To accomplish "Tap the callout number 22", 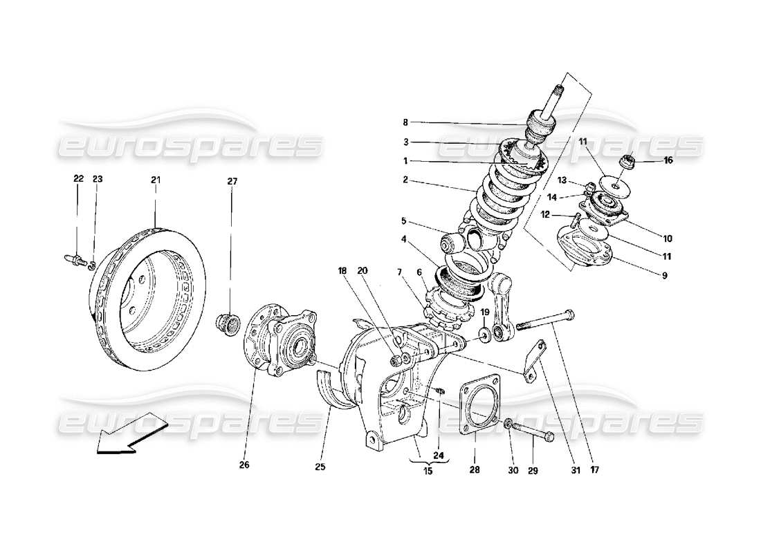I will coord(78,180).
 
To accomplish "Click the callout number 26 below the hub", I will coord(244,465).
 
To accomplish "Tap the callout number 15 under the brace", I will coord(427,471).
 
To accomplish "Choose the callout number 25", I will coord(320,466).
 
